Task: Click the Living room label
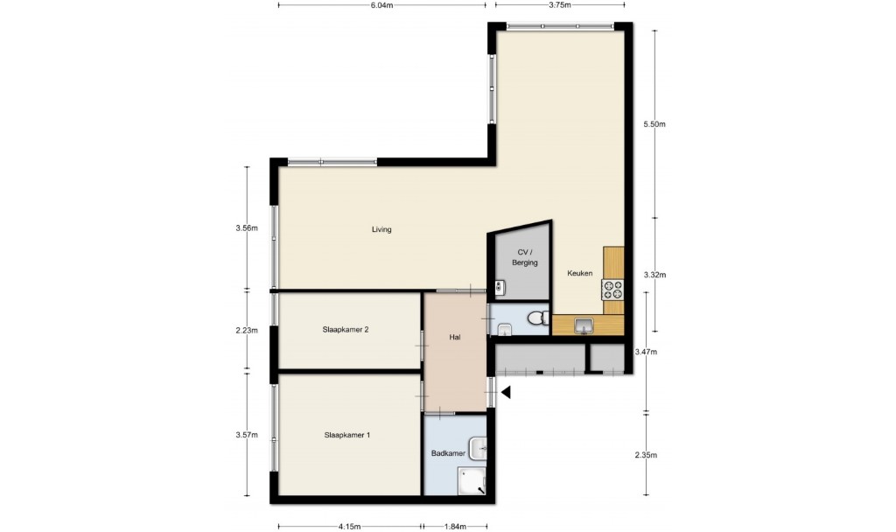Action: (x=381, y=229)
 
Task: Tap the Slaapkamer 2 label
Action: (x=345, y=330)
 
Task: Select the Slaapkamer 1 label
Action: (x=346, y=435)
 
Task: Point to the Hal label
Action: (x=455, y=337)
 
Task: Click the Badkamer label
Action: (x=448, y=453)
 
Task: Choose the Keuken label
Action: (x=579, y=273)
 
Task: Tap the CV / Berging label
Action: (x=525, y=257)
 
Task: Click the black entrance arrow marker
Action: (x=506, y=393)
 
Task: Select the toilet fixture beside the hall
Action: (x=538, y=318)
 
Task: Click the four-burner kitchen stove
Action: (x=612, y=290)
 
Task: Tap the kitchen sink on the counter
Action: (x=584, y=326)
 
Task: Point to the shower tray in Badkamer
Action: (x=472, y=480)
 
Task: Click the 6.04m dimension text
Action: (x=381, y=5)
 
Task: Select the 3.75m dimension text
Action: (x=559, y=5)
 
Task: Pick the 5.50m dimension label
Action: (x=654, y=124)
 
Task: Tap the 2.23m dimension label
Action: (x=246, y=330)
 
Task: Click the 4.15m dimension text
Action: (x=349, y=526)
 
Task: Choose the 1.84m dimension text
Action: (x=455, y=526)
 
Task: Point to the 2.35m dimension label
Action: (x=646, y=455)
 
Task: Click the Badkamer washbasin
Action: (x=479, y=449)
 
